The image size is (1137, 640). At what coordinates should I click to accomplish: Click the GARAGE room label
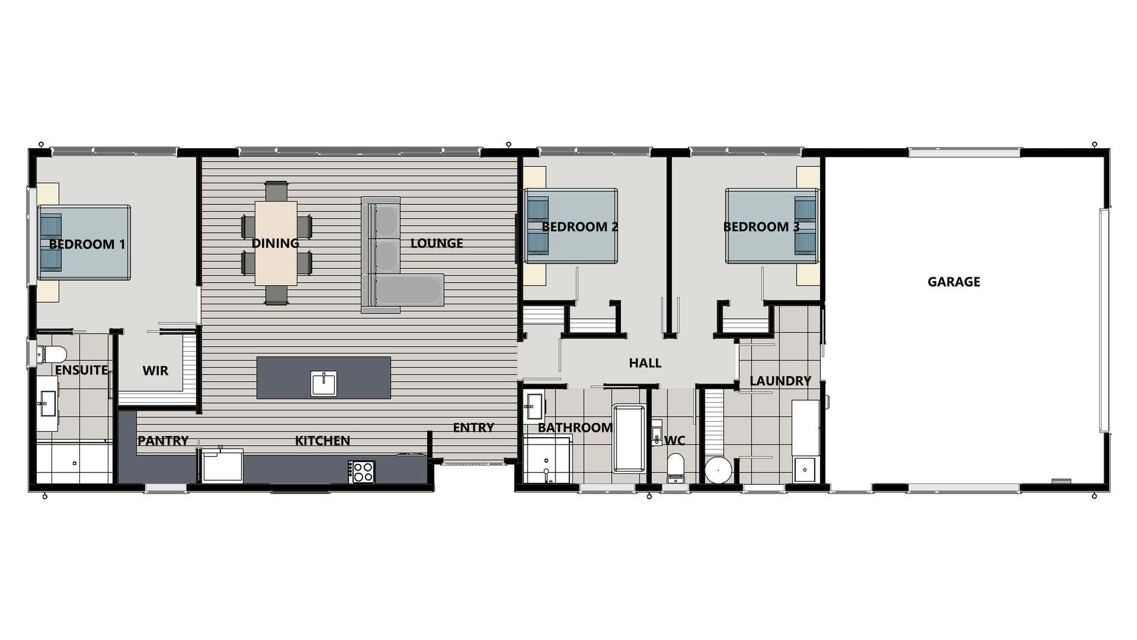(x=953, y=282)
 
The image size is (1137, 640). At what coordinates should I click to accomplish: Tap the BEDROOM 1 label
(x=87, y=244)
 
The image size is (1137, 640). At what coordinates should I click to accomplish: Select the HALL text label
(x=645, y=363)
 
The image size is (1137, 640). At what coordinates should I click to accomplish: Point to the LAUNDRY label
(x=780, y=381)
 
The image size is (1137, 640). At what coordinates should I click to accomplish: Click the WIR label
(x=155, y=371)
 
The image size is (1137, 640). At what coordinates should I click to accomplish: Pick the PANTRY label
(x=163, y=441)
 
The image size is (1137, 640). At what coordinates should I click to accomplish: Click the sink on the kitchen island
(x=323, y=383)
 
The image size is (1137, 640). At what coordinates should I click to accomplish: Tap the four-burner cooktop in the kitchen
(x=361, y=472)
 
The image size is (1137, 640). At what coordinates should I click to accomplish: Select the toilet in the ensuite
(x=52, y=355)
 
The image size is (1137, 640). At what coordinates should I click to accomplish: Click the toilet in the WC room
(x=675, y=467)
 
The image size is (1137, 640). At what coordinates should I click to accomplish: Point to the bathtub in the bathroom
(x=629, y=438)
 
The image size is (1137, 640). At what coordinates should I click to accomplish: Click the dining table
(x=276, y=243)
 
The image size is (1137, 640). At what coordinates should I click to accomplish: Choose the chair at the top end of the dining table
(x=276, y=191)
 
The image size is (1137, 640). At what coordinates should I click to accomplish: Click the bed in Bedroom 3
(x=771, y=226)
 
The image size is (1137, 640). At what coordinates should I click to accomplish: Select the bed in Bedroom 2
(x=571, y=226)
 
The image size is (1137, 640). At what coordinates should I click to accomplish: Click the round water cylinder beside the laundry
(x=718, y=471)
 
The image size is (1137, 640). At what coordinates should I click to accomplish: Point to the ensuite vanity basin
(x=46, y=405)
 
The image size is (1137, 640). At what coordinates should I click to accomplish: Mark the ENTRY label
(x=473, y=428)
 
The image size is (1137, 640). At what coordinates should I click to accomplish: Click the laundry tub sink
(x=805, y=469)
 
